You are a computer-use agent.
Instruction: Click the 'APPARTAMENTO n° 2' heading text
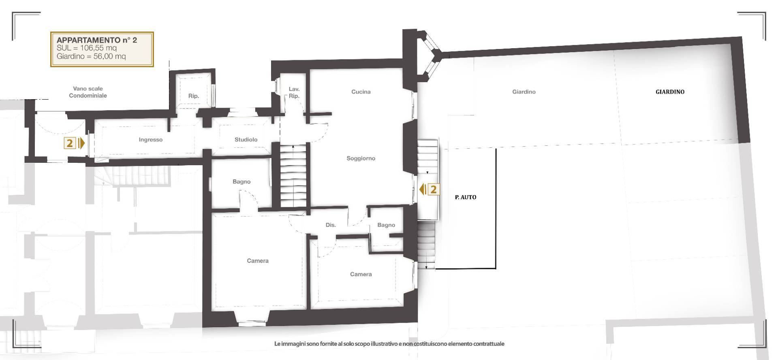[x=97, y=40]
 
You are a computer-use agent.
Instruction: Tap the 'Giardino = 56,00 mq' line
[x=91, y=56]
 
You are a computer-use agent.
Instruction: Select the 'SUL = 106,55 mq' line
[x=87, y=48]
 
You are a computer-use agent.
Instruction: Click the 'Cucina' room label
[x=361, y=92]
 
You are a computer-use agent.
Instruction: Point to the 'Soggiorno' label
[x=361, y=158]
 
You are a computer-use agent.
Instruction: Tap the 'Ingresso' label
[x=150, y=140]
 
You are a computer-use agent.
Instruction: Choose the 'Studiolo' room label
[x=246, y=140]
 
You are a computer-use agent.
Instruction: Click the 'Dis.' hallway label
[x=331, y=225]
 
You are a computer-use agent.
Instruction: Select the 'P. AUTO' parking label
[x=466, y=197]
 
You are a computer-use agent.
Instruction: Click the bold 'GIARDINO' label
[x=670, y=92]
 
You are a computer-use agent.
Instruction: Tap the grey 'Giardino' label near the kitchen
[x=524, y=92]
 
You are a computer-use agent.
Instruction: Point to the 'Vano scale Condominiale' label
[x=88, y=92]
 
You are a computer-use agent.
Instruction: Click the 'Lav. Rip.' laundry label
[x=294, y=92]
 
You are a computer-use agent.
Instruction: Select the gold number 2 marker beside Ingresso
[x=70, y=143]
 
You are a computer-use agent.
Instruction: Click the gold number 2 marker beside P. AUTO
[x=433, y=189]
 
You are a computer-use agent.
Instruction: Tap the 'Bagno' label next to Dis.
[x=386, y=225]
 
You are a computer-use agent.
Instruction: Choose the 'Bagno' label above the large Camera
[x=242, y=182]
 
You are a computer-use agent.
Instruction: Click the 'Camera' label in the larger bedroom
[x=258, y=261]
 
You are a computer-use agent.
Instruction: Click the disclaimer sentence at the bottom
[x=389, y=344]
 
